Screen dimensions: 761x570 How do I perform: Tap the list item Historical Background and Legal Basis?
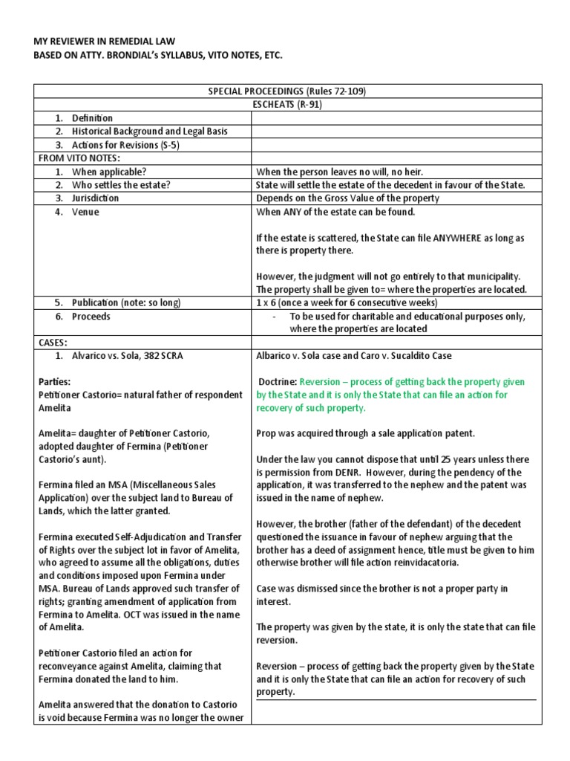coord(149,132)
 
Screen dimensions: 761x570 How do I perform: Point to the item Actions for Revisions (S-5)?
coord(125,145)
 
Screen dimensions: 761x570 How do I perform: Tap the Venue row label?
coord(85,212)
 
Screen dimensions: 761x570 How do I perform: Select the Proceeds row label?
coord(91,317)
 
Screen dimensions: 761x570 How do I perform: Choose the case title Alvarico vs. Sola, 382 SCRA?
coord(127,356)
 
